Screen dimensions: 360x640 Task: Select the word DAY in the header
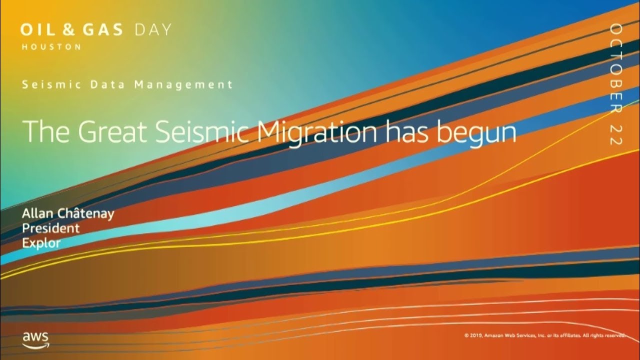pyautogui.click(x=153, y=30)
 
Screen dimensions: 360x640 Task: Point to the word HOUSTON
pyautogui.click(x=51, y=46)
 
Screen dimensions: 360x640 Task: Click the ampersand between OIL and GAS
pyautogui.click(x=67, y=30)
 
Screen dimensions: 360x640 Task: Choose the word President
pyautogui.click(x=50, y=228)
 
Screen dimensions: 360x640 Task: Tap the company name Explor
pyautogui.click(x=41, y=243)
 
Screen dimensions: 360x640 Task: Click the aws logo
pyautogui.click(x=35, y=338)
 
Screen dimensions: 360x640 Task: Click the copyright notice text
pyautogui.click(x=544, y=335)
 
